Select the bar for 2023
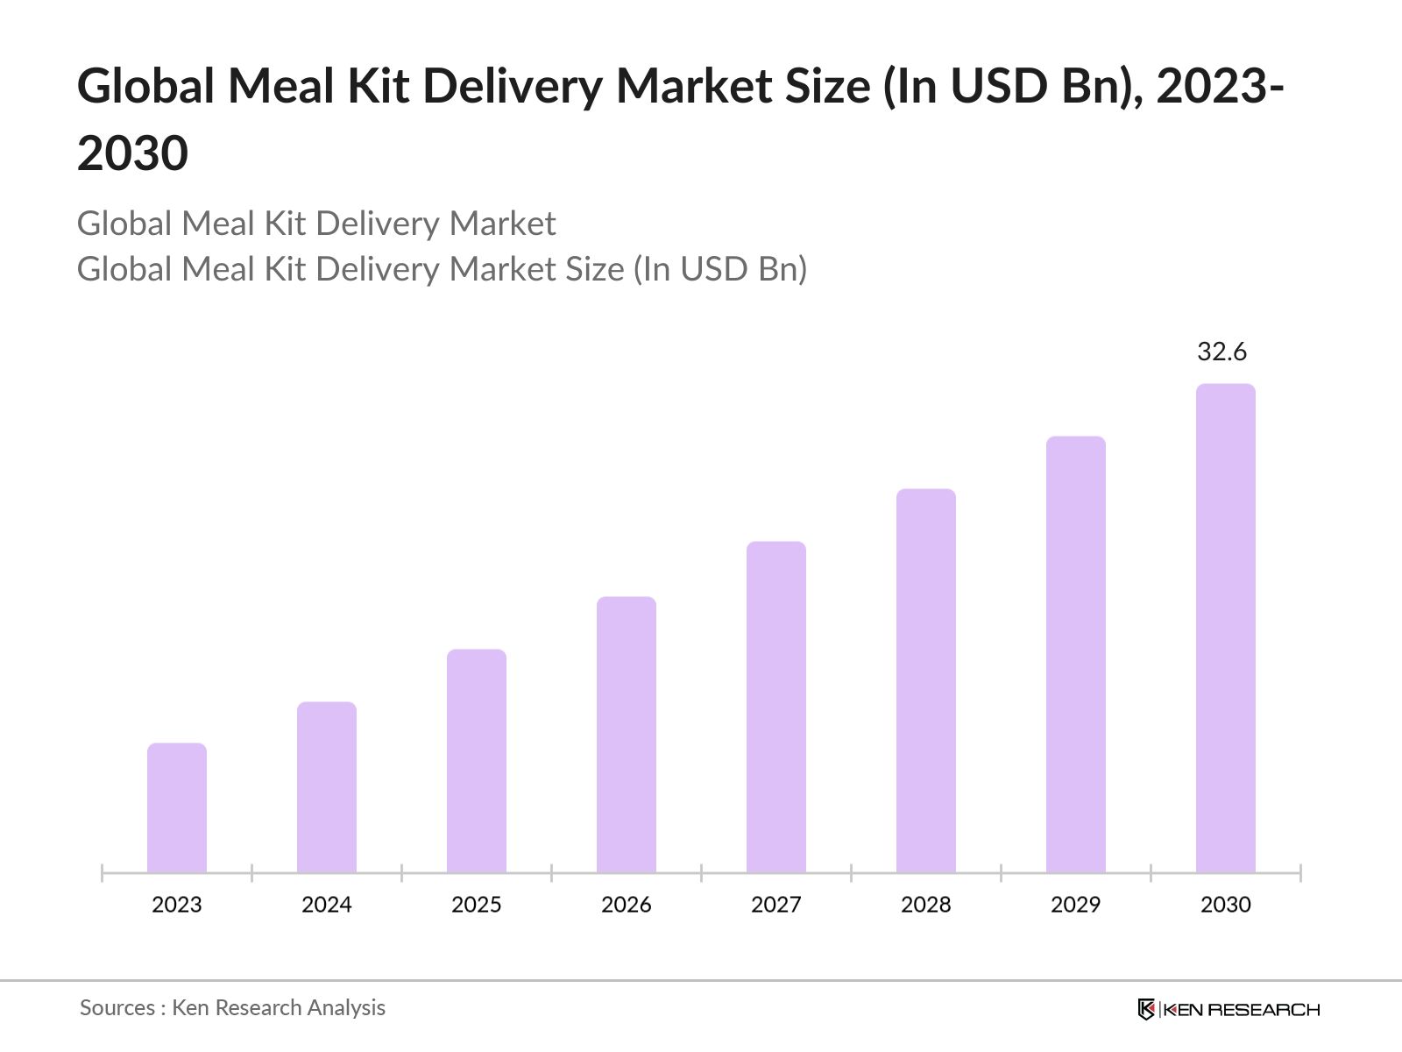pos(177,807)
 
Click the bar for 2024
pos(327,786)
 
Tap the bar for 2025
pos(477,760)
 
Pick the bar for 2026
pos(627,734)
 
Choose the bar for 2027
pos(776,707)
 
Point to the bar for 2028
pos(926,680)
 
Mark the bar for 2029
pos(1076,654)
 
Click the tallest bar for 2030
pos(1226,628)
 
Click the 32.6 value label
pos(1221,352)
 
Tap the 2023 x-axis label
pos(177,905)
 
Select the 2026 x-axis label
pos(627,905)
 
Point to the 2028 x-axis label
pos(926,905)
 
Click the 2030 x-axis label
pos(1226,905)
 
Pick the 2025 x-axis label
pos(477,905)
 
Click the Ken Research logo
pos(1229,1009)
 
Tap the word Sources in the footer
pos(117,1008)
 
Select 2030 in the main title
pos(132,153)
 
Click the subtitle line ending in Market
pos(316,224)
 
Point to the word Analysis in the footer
pos(346,1008)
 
